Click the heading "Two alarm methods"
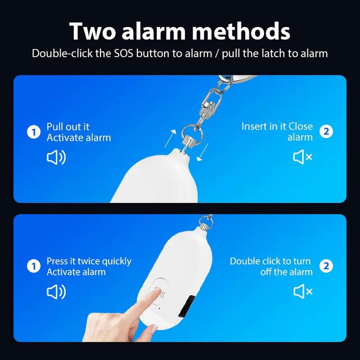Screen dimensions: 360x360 pyautogui.click(x=180, y=31)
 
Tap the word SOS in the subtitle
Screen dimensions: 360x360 pyautogui.click(x=124, y=53)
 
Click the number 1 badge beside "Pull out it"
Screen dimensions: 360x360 pyautogui.click(x=34, y=132)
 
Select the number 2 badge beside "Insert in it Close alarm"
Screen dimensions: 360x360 pyautogui.click(x=326, y=132)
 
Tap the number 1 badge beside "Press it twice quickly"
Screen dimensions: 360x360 pyautogui.click(x=34, y=266)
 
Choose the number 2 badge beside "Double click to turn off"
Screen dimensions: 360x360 pyautogui.click(x=326, y=266)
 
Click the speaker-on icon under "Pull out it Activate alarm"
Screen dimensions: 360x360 pyautogui.click(x=56, y=158)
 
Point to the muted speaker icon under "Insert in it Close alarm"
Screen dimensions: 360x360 pyautogui.click(x=302, y=157)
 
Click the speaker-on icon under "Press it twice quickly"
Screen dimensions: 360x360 pyautogui.click(x=56, y=292)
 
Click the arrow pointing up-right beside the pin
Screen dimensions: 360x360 pyautogui.click(x=170, y=138)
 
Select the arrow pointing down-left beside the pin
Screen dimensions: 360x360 pyautogui.click(x=202, y=152)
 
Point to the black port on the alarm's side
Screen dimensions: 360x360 pyautogui.click(x=187, y=307)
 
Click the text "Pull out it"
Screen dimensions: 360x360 pyautogui.click(x=68, y=127)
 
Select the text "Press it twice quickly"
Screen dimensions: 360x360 pyautogui.click(x=89, y=261)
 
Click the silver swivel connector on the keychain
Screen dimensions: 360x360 pyautogui.click(x=211, y=106)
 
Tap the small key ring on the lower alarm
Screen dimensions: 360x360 pyautogui.click(x=206, y=222)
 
